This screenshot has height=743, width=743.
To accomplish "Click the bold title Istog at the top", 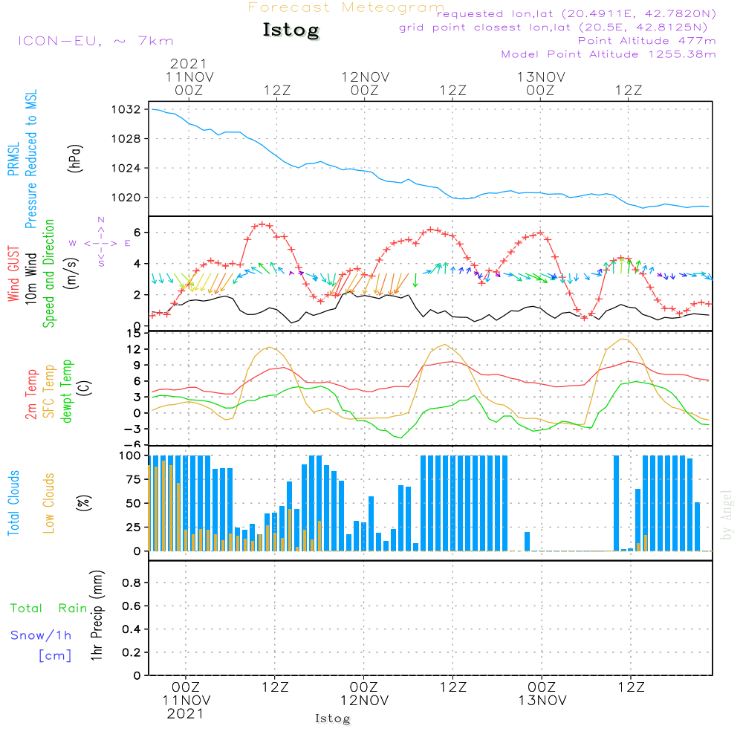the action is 291,30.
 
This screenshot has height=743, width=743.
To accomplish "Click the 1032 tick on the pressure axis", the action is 126,110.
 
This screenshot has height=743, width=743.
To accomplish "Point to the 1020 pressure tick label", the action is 126,198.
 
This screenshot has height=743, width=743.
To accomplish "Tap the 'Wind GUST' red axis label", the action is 13,273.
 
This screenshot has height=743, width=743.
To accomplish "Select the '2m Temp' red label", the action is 30,395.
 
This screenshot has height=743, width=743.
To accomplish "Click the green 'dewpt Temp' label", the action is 66,391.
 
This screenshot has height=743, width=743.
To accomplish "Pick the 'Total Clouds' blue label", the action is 13,503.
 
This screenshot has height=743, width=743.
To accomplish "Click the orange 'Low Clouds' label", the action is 48,503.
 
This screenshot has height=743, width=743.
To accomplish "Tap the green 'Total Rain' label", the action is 49,608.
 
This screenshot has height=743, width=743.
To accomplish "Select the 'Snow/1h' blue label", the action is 41,635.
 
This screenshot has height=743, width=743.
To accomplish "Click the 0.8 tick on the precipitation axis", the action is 132,583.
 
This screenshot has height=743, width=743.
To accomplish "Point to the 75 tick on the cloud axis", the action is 133,479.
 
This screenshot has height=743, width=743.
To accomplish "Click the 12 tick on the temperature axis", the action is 134,349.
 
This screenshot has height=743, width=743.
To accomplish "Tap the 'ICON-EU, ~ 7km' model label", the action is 96,41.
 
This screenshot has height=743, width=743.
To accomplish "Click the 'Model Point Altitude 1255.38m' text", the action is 609,54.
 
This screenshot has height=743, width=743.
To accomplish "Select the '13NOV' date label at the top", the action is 541,77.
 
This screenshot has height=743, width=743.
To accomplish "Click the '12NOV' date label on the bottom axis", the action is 364,701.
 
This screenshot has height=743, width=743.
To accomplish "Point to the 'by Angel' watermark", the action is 726,515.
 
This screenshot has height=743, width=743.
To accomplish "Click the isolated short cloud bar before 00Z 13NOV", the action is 527,542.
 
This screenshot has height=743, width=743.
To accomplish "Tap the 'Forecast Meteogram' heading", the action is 346,7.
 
